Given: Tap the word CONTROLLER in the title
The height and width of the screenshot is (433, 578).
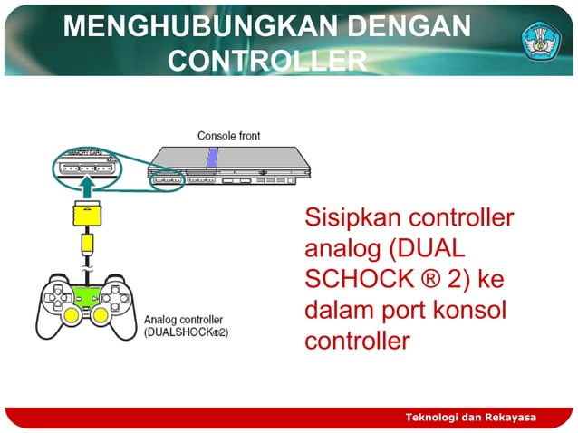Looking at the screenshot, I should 267,61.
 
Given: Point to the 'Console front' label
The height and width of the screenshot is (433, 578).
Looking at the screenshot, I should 228,136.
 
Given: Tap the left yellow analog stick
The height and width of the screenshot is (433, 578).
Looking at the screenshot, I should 70,315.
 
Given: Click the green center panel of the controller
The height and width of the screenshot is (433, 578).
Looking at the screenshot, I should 87,292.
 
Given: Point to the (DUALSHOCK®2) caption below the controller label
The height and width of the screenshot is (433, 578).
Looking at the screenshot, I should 187,332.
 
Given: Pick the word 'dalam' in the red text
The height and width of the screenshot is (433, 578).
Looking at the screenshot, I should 337,312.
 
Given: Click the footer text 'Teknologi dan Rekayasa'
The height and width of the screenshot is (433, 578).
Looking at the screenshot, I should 470,417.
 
